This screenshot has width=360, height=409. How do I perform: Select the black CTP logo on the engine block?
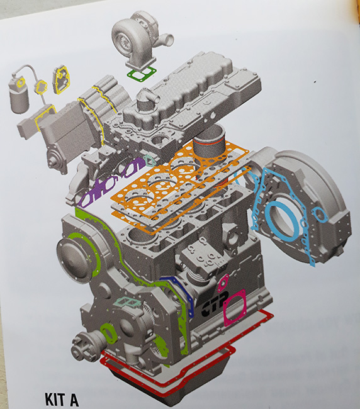click(215, 304)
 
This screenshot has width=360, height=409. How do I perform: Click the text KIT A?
click(62, 398)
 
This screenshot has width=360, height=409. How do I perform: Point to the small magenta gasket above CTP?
click(223, 283)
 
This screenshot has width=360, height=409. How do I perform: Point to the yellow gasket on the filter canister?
click(20, 82)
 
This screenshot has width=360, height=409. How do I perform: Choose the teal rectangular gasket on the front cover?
click(127, 302)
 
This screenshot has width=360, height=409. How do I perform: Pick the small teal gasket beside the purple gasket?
click(150, 160)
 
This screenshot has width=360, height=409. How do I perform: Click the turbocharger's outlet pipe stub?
click(167, 40)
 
